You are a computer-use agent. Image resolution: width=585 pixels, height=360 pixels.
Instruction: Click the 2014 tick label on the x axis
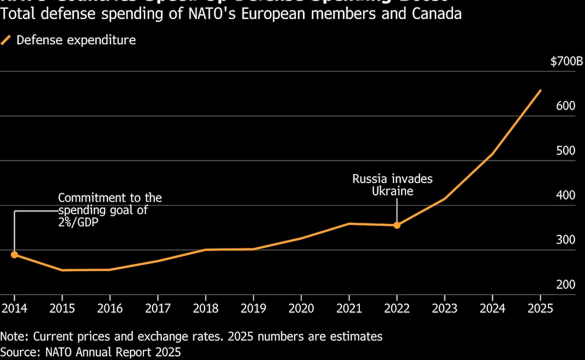click(14, 308)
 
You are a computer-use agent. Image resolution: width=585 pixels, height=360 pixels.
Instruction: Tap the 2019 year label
click(253, 308)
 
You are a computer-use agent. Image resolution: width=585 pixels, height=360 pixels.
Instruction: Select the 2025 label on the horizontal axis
click(540, 308)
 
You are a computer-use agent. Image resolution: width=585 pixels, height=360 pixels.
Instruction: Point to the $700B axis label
click(566, 62)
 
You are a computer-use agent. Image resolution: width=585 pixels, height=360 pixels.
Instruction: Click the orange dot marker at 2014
click(15, 255)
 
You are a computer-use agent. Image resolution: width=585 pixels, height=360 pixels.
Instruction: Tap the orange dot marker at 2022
click(397, 225)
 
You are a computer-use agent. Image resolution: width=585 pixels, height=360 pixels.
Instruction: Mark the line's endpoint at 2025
click(540, 90)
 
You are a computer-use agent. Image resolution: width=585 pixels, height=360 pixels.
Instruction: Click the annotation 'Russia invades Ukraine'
click(392, 185)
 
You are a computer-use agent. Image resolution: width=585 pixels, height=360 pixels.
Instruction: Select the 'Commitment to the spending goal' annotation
click(110, 204)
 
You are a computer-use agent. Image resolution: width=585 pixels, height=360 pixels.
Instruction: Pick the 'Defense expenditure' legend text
click(76, 40)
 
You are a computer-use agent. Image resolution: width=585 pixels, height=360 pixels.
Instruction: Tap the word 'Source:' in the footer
click(19, 351)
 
